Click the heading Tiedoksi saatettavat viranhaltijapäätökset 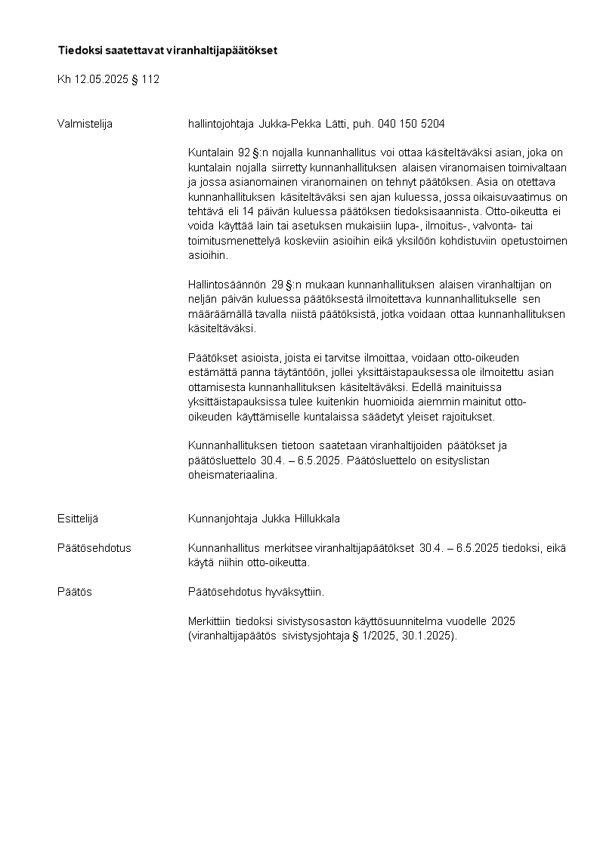click(x=168, y=51)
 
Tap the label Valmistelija click(x=85, y=124)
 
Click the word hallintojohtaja click(x=221, y=124)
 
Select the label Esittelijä click(x=78, y=519)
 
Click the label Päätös click(x=75, y=592)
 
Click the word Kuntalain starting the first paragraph click(x=209, y=153)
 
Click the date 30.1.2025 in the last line click(x=427, y=636)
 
